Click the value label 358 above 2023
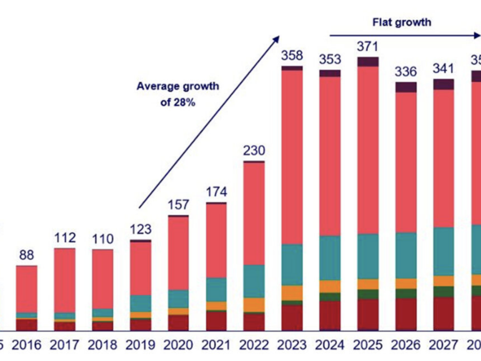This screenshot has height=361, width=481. (292, 56)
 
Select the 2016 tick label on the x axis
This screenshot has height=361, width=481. (27, 345)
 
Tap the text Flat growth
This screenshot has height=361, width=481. (401, 22)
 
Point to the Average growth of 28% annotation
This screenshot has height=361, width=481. (178, 94)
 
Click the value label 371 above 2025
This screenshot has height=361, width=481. (367, 47)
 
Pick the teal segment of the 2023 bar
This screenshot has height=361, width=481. (292, 264)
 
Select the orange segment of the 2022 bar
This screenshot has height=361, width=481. (254, 305)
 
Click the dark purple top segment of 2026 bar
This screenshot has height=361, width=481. (406, 87)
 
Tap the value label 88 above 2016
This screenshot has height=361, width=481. (27, 255)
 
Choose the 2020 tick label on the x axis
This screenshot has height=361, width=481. (178, 345)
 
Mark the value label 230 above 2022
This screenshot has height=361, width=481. (254, 151)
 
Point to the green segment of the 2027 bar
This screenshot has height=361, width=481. (444, 291)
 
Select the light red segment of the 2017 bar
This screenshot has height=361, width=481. (65, 280)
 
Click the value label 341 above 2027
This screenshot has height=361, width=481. (443, 69)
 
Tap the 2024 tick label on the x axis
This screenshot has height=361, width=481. (330, 345)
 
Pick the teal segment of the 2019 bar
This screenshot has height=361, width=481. (141, 304)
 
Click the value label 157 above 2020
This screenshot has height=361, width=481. (178, 205)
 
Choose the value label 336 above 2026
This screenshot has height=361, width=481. (406, 71)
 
